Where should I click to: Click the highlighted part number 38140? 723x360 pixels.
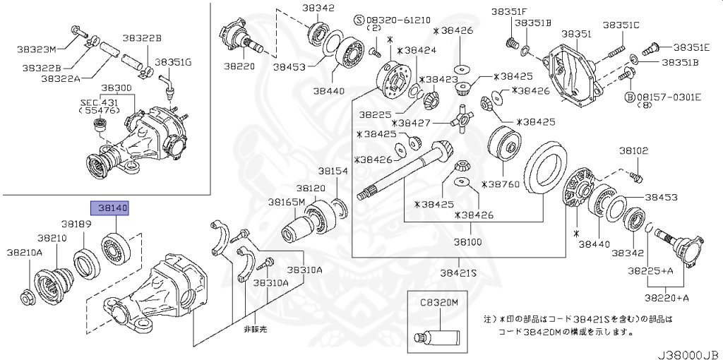click(x=109, y=208)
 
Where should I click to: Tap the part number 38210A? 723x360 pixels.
click(x=24, y=252)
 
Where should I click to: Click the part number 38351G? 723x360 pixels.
click(x=173, y=61)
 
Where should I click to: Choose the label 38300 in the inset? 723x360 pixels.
click(x=116, y=88)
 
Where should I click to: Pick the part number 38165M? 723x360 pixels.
click(x=286, y=202)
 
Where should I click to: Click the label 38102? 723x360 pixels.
click(x=634, y=150)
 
